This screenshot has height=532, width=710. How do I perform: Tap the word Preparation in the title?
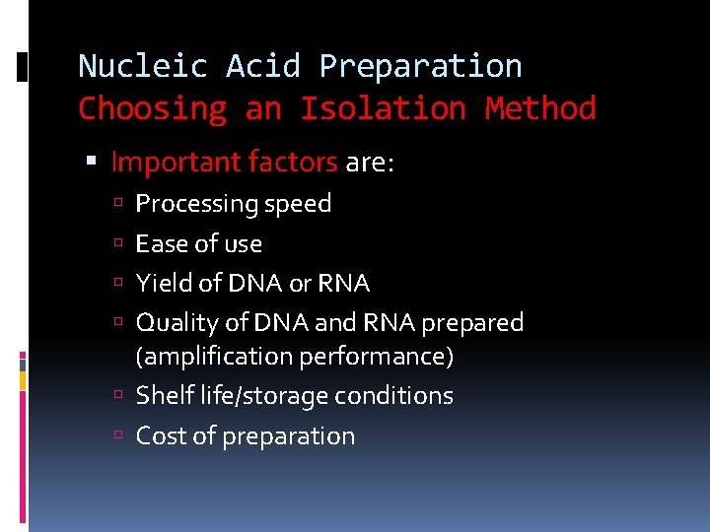(x=420, y=66)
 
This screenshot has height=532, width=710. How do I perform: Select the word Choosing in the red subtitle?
(x=152, y=107)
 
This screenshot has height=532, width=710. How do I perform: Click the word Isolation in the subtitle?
(x=383, y=107)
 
